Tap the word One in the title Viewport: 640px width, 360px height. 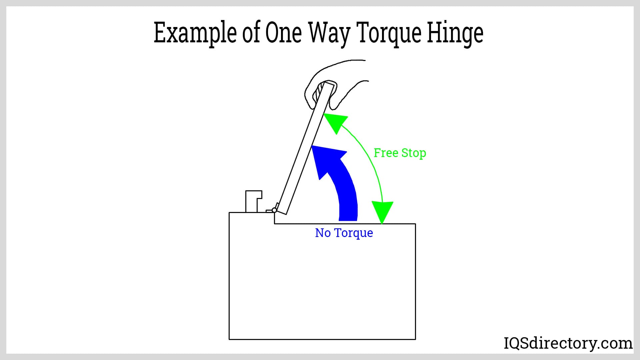(x=284, y=33)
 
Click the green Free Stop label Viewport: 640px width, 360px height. (x=400, y=153)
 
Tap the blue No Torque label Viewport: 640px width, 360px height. (x=344, y=233)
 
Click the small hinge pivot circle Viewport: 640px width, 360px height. (x=274, y=210)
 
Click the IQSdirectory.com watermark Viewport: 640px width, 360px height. (x=568, y=343)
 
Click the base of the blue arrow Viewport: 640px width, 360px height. (x=348, y=220)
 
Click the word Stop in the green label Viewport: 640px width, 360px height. (x=414, y=153)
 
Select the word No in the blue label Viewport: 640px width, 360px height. (x=323, y=233)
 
